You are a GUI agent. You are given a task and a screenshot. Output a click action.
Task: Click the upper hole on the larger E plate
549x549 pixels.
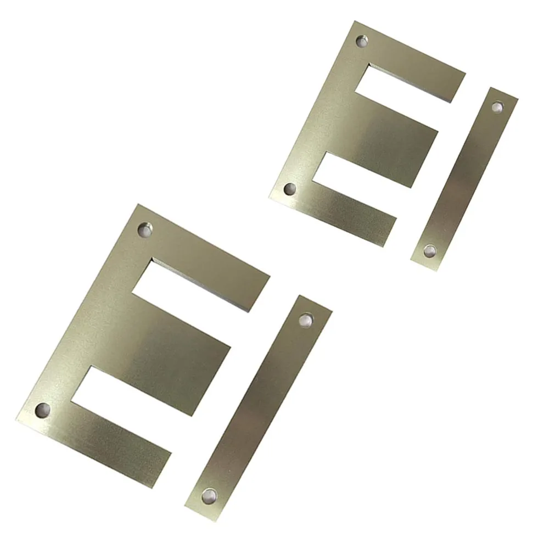click(x=145, y=229)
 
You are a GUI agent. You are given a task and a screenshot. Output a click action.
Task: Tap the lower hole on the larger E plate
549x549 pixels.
click(x=42, y=410)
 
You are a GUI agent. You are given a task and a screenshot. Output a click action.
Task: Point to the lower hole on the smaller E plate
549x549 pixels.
click(x=290, y=189)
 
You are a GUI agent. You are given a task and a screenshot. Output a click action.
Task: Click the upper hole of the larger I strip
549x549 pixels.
click(x=306, y=319)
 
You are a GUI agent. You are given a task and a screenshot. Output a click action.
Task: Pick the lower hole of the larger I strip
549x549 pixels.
click(x=209, y=496)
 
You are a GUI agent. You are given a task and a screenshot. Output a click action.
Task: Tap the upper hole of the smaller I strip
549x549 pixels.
click(x=497, y=107)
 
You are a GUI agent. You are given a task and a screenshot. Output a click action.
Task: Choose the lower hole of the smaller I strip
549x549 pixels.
click(x=429, y=251)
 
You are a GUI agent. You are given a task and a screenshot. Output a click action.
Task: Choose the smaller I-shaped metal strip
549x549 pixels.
click(x=464, y=178)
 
